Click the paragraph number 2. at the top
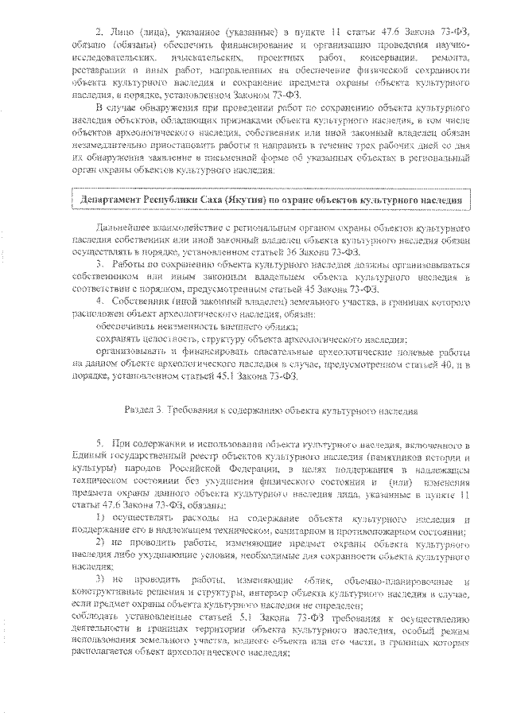pyautogui.click(x=99, y=31)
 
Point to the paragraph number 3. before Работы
pyautogui.click(x=100, y=262)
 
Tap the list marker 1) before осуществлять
pyautogui.click(x=101, y=520)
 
